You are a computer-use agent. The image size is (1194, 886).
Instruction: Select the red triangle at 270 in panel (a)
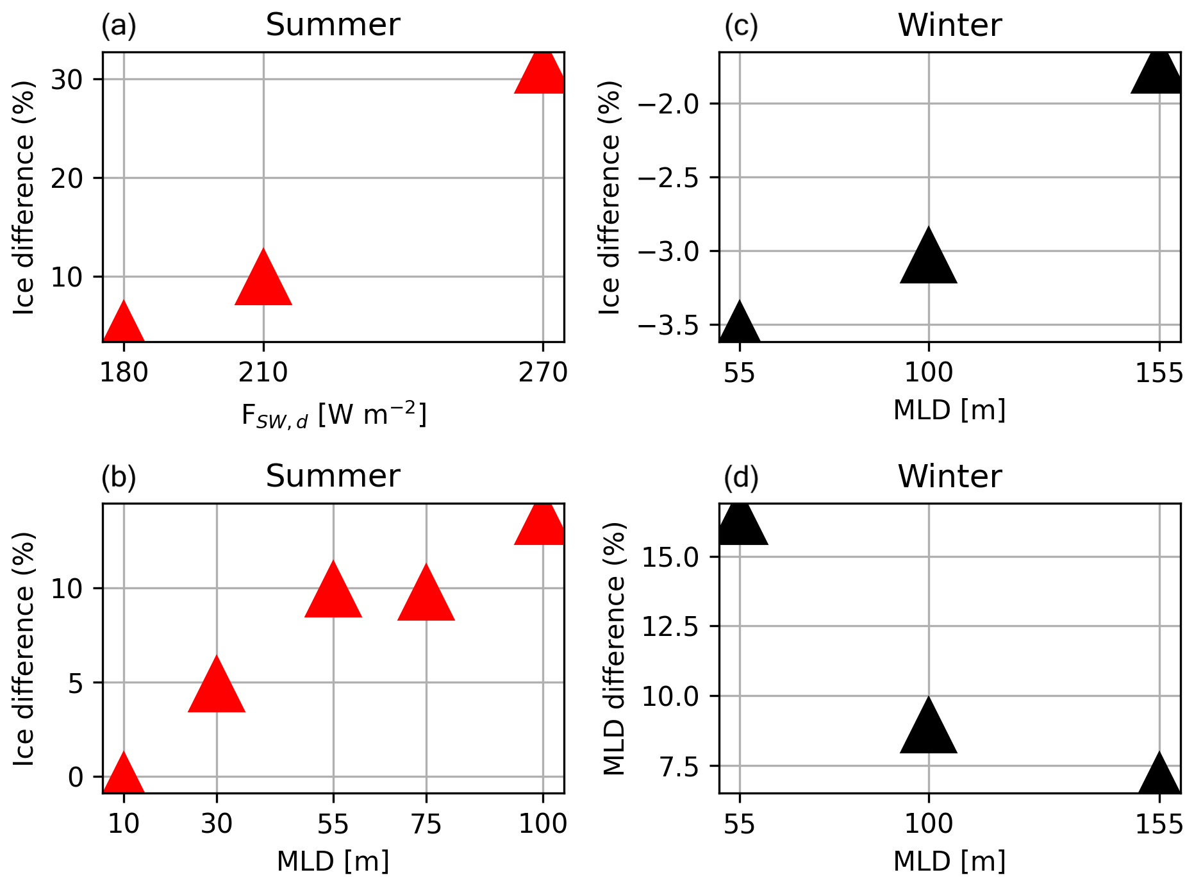(542, 74)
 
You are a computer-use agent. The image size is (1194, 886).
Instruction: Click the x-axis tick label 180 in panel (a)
(124, 373)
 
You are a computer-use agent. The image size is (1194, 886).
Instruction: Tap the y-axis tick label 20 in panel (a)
(67, 178)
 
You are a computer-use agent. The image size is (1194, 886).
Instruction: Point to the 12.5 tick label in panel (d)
(670, 626)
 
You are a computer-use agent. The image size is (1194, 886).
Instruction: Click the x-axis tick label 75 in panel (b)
(426, 824)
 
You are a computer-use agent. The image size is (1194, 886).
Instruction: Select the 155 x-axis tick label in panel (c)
(1159, 373)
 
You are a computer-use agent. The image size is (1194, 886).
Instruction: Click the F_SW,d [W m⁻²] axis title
(333, 414)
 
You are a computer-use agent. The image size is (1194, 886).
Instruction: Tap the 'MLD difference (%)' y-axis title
(615, 648)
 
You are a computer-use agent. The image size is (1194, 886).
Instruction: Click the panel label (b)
(119, 478)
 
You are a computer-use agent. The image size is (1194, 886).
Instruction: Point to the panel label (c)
(741, 26)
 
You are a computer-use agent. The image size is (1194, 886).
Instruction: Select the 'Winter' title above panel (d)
(949, 476)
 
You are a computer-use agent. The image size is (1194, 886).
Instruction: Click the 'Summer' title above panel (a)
(333, 25)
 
